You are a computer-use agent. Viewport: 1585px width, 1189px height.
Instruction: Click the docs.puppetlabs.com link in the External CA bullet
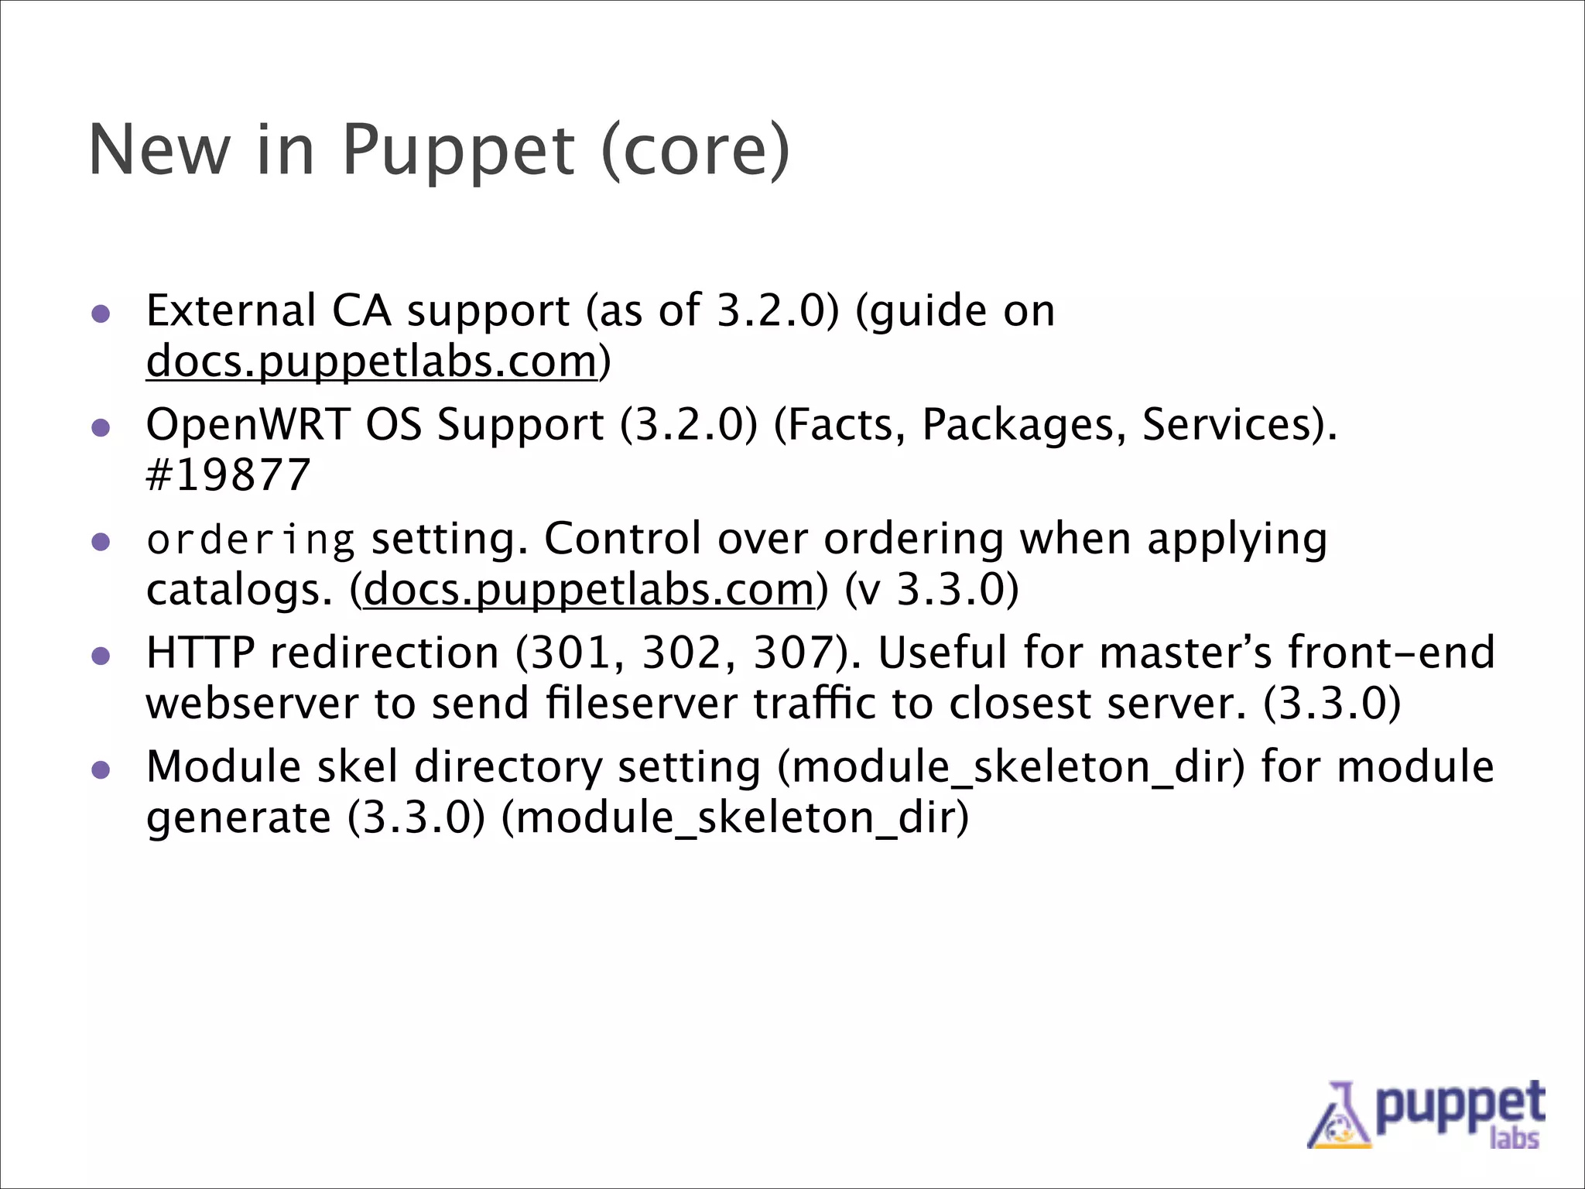pos(372,361)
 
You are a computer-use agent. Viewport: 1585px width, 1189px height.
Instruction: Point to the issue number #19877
pos(228,475)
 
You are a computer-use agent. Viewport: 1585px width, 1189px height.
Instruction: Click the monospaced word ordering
pos(251,540)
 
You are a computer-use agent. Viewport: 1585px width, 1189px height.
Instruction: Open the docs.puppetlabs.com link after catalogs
pos(588,590)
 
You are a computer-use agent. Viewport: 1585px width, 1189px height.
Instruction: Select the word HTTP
pos(200,653)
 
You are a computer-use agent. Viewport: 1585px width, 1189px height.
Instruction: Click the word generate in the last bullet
pos(238,818)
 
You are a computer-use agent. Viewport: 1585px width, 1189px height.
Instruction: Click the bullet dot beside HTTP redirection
pos(101,656)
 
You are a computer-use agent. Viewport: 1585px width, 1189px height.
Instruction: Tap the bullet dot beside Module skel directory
pos(101,770)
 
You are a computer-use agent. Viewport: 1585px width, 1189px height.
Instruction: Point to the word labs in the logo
pos(1514,1138)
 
